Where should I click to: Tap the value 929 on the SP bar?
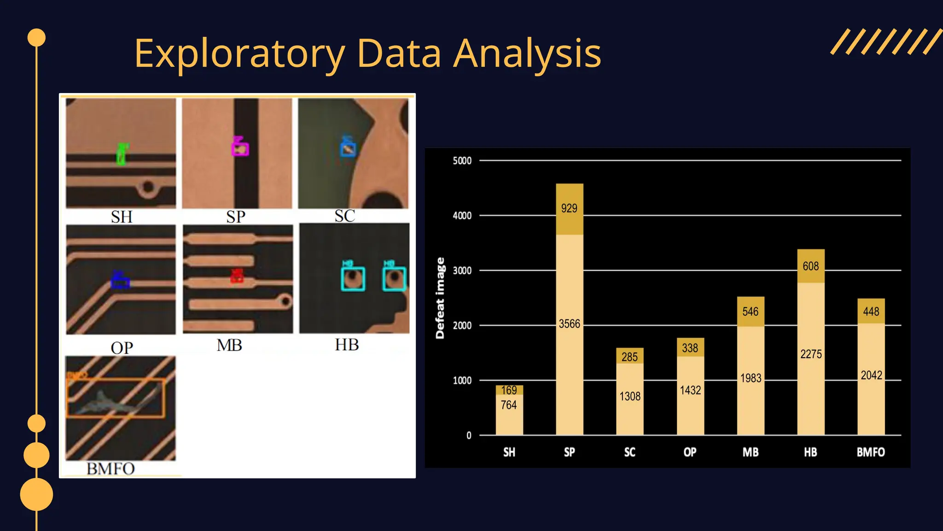click(569, 208)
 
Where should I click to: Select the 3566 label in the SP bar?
click(569, 324)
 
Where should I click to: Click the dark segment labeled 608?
click(810, 266)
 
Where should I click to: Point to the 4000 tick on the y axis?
click(462, 216)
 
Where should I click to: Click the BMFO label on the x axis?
click(870, 452)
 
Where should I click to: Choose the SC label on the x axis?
click(629, 452)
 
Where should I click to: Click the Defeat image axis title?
click(440, 298)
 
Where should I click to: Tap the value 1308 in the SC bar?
click(629, 396)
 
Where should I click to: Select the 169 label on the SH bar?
click(509, 390)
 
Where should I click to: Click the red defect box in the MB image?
click(237, 276)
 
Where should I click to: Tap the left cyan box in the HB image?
click(353, 279)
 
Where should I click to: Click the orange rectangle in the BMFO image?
click(116, 398)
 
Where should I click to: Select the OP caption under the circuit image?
click(122, 348)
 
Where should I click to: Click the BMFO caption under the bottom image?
click(111, 469)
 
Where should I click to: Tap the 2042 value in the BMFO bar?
click(871, 375)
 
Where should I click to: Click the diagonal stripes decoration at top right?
click(885, 42)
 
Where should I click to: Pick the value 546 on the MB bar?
click(750, 312)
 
